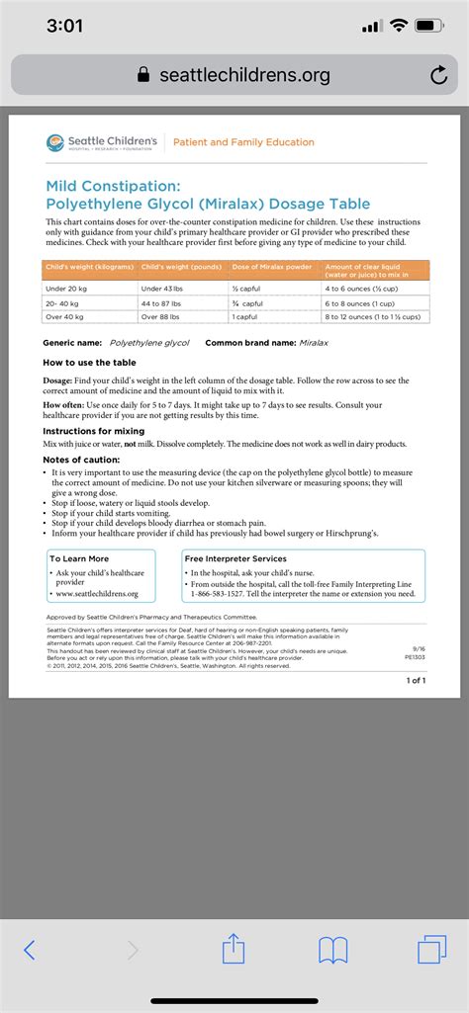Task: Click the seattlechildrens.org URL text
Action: coord(244,75)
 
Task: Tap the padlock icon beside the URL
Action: coord(144,75)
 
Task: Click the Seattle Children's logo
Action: coord(101,142)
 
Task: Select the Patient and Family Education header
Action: coord(243,142)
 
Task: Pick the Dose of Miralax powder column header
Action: coord(271,267)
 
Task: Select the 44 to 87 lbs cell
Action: coord(166,302)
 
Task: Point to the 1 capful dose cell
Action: coord(246,316)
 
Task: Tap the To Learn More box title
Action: coord(79,558)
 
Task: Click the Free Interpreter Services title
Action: coord(235,558)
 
